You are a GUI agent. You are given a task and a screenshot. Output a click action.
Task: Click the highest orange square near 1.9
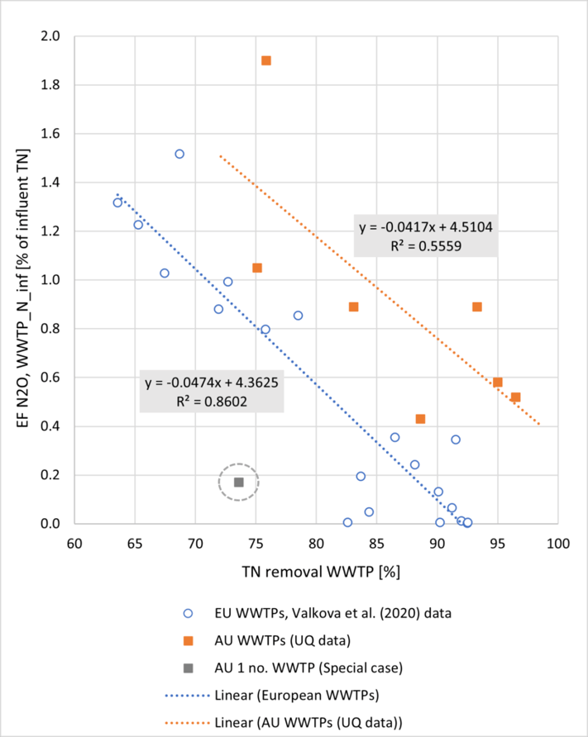coord(266,60)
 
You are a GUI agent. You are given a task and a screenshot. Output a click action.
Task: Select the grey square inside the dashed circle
coord(239,482)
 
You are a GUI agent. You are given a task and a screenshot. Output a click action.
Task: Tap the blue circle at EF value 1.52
coord(179,154)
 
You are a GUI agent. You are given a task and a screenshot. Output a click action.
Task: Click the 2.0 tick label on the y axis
coord(50,36)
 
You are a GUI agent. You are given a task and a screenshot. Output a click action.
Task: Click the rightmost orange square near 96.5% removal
coord(515,397)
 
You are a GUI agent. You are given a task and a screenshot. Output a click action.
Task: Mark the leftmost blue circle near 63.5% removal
coord(117,202)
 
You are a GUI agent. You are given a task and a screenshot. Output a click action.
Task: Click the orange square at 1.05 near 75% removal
coord(257,268)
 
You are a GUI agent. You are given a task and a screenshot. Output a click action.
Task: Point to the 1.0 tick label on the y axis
coord(50,280)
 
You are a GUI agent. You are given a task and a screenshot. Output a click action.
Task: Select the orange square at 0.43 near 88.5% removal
coord(420,419)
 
